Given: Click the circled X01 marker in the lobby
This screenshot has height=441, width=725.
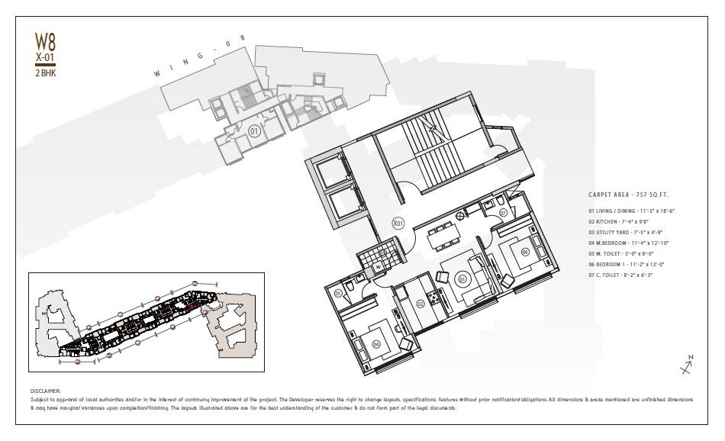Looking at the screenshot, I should click(x=397, y=224).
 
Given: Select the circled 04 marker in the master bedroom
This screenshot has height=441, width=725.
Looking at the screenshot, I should click(x=376, y=344).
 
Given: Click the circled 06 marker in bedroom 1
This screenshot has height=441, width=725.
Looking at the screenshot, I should click(x=525, y=252).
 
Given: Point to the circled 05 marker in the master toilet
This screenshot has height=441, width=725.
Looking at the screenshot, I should click(x=337, y=293).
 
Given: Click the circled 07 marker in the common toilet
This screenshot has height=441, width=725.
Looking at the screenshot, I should click(x=504, y=213).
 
